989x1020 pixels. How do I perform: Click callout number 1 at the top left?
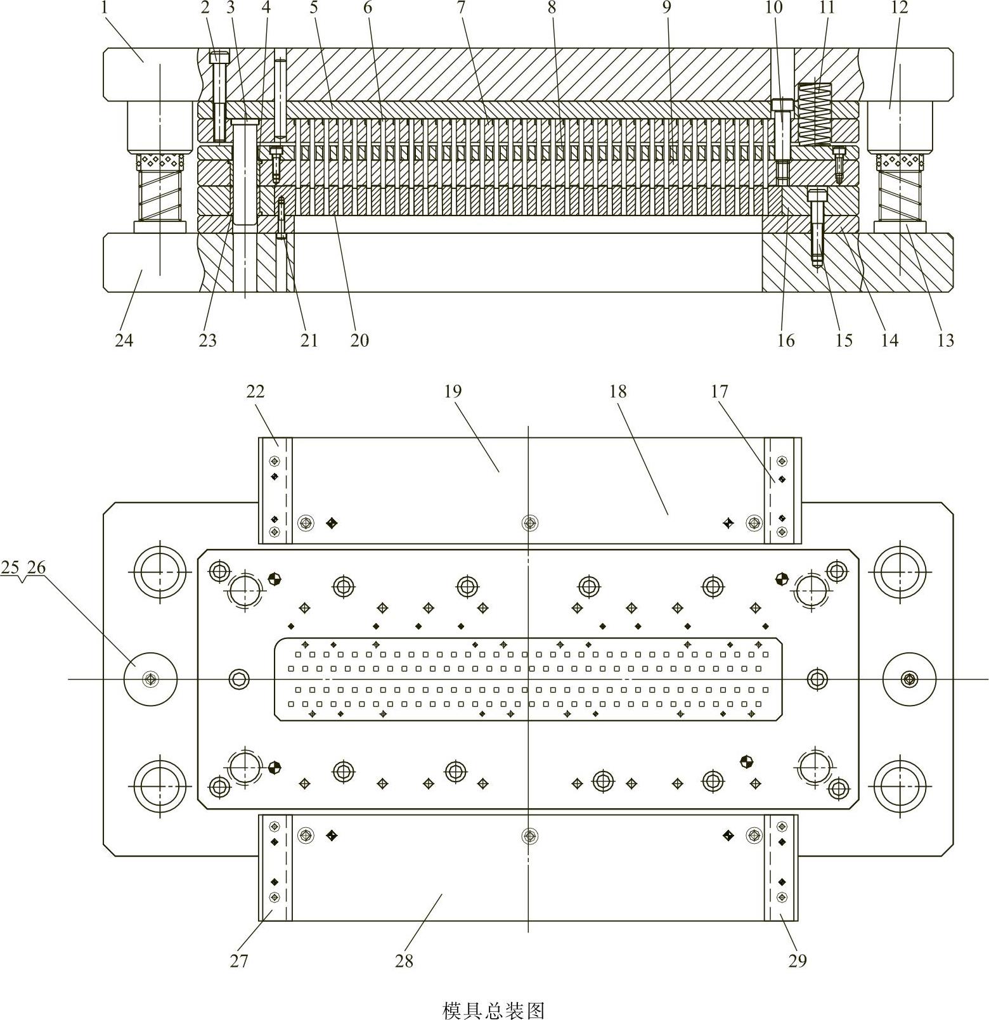point(104,8)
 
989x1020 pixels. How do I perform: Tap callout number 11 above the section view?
point(827,8)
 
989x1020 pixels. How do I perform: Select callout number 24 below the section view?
point(124,340)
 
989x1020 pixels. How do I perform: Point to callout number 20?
point(359,340)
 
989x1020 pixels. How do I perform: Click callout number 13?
point(945,340)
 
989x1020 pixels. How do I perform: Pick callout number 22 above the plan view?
point(255,391)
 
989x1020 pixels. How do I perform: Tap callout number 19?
point(453,391)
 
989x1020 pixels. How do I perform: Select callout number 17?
point(719,391)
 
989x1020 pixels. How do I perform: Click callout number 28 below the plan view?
point(404,962)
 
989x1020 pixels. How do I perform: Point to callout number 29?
point(798,962)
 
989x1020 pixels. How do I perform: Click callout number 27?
point(239,962)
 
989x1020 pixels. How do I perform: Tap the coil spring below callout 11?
point(814,115)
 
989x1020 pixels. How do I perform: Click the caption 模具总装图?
point(493,1010)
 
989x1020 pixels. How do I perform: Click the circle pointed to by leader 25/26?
point(150,679)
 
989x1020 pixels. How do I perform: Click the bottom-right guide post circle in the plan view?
point(899,785)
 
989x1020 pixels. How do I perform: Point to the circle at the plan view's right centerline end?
point(909,679)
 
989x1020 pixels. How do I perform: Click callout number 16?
point(785,340)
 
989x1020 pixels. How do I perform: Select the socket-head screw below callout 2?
point(219,95)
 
